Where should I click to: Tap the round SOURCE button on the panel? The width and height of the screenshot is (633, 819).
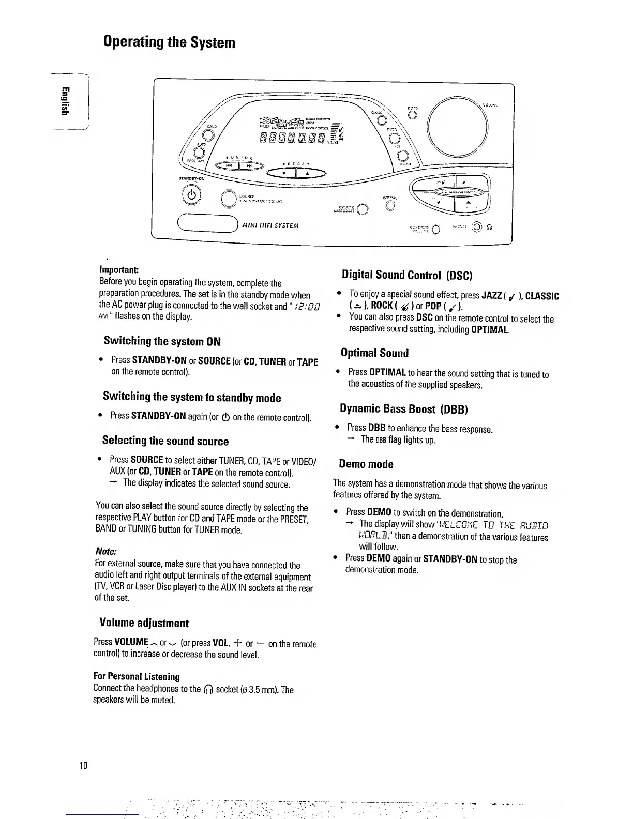point(228,199)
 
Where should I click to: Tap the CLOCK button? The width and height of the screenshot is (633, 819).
point(381,120)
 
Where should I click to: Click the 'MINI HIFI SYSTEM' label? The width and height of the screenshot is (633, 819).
point(269,225)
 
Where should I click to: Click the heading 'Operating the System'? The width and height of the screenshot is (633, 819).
point(169,42)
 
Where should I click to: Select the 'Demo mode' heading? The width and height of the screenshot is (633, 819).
point(366,464)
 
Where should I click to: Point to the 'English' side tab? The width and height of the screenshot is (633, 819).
point(64,102)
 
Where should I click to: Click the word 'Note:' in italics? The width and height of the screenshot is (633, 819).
point(106,552)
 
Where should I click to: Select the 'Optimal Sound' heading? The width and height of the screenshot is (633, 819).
point(374,353)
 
